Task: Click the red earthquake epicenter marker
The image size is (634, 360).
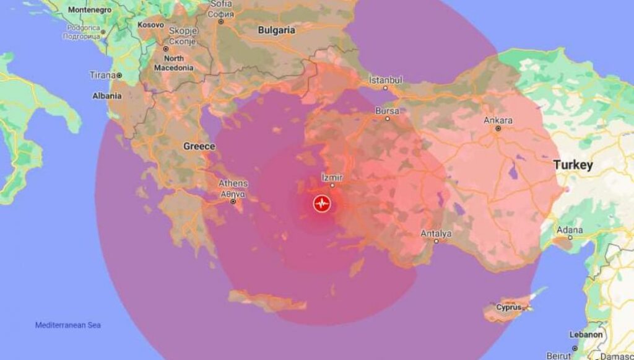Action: (x=321, y=203)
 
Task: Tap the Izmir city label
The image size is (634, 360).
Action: (x=332, y=177)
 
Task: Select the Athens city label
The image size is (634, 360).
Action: (x=233, y=183)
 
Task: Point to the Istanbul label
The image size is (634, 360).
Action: (x=386, y=80)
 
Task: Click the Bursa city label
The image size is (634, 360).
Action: (x=387, y=111)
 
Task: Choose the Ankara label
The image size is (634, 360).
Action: (x=498, y=120)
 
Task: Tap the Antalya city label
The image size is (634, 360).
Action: (x=436, y=234)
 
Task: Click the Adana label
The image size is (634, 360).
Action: (x=570, y=229)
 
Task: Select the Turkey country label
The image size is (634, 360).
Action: (x=573, y=165)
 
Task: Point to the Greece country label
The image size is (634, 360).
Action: (x=199, y=146)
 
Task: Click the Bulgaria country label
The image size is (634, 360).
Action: (x=276, y=30)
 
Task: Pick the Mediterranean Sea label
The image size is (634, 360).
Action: (x=67, y=325)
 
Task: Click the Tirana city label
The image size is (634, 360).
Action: (x=103, y=75)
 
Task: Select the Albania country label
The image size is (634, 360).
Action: (x=106, y=96)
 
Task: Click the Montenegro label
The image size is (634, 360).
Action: (x=89, y=10)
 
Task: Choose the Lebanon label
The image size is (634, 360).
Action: (x=585, y=335)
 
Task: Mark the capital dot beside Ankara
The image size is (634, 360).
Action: (x=498, y=128)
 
